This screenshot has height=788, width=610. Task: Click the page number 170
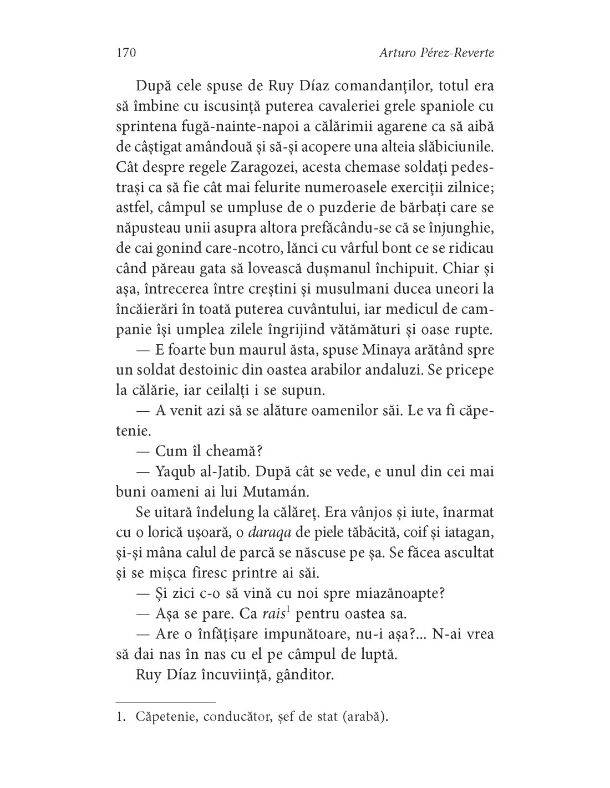pos(126,53)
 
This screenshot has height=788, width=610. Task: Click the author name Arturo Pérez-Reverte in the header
pos(436,53)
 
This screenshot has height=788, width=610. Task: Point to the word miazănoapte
pos(403,593)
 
